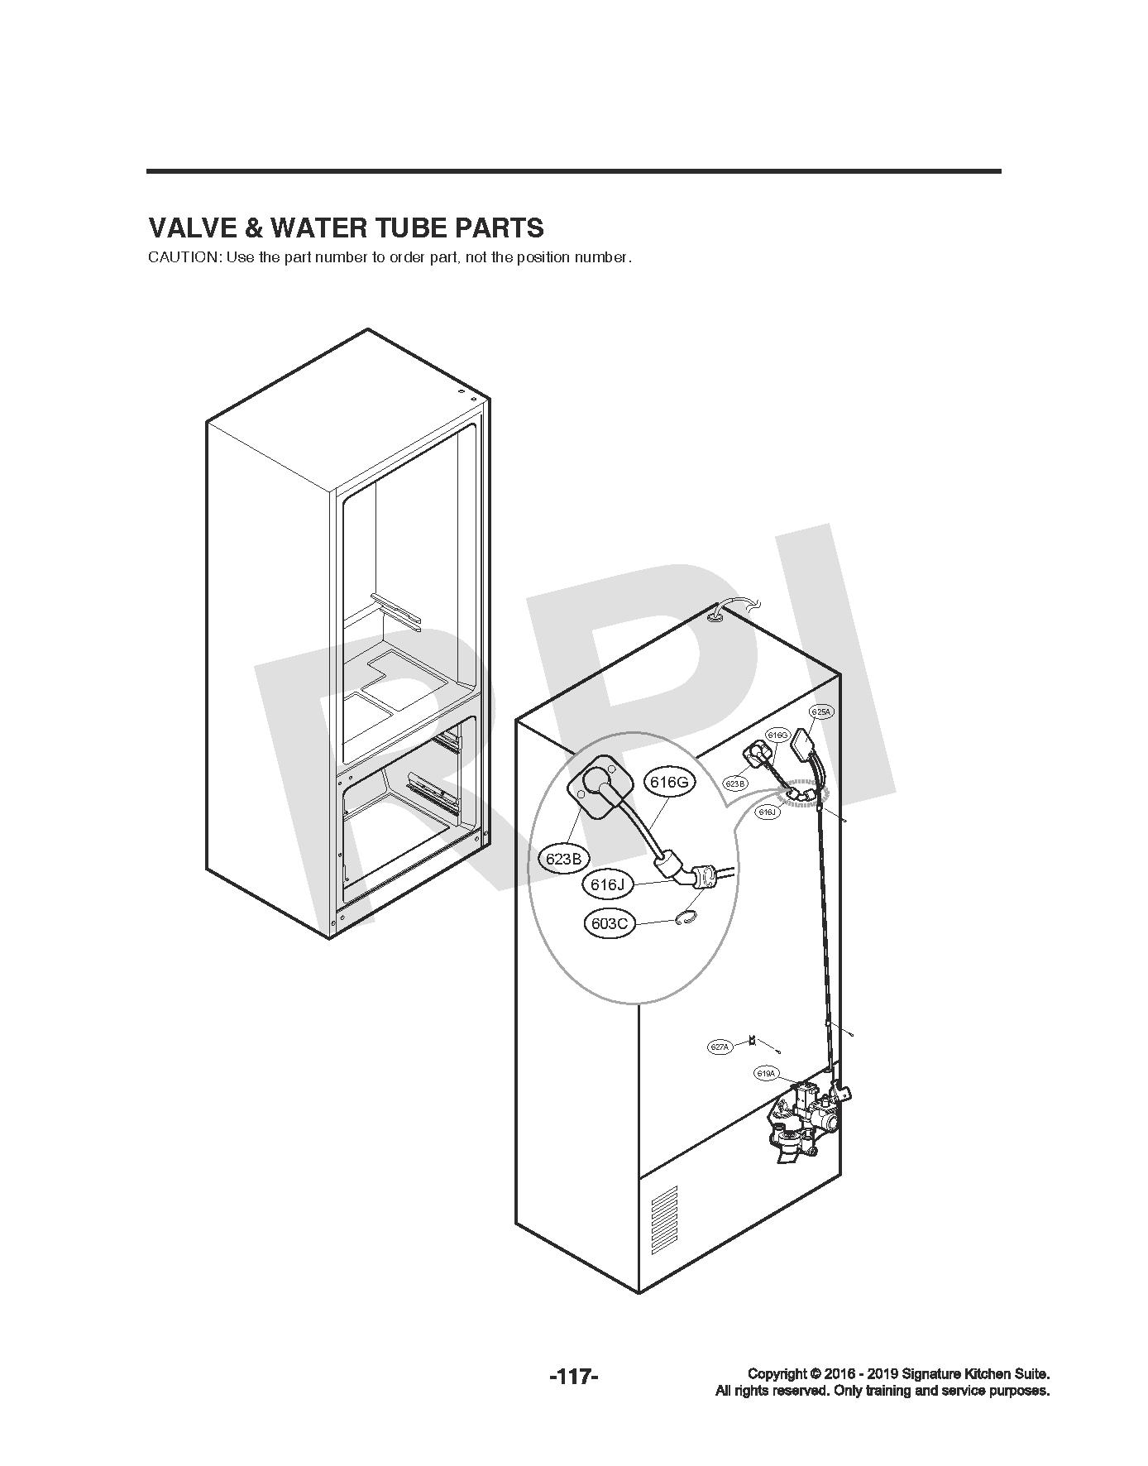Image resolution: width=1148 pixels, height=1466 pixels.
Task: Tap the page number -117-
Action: pos(573,1377)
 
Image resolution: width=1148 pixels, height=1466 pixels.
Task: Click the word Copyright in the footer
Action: pos(777,1373)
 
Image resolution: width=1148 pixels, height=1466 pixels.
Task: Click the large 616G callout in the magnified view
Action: pos(670,782)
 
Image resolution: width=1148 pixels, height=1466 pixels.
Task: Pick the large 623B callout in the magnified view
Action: pos(564,859)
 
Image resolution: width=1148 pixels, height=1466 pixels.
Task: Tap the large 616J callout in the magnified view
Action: pos(607,884)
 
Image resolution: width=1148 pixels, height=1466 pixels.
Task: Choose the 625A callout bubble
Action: pos(820,711)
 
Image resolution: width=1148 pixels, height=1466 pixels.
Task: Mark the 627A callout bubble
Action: pos(720,1047)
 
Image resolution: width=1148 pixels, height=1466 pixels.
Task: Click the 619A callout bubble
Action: pos(767,1074)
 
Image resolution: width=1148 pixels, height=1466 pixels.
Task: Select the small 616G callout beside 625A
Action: pos(777,735)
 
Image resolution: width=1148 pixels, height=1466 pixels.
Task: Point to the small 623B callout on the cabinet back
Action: pos(735,783)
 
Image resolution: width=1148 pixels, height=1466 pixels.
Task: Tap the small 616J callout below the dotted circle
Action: pos(768,812)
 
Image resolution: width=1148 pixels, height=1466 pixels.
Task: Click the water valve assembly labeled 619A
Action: pos(807,1117)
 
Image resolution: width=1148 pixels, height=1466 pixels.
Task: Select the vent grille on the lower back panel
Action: pos(664,1221)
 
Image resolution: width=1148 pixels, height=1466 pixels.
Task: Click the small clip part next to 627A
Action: pos(752,1040)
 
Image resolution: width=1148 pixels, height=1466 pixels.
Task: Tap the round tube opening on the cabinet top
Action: pos(715,615)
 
